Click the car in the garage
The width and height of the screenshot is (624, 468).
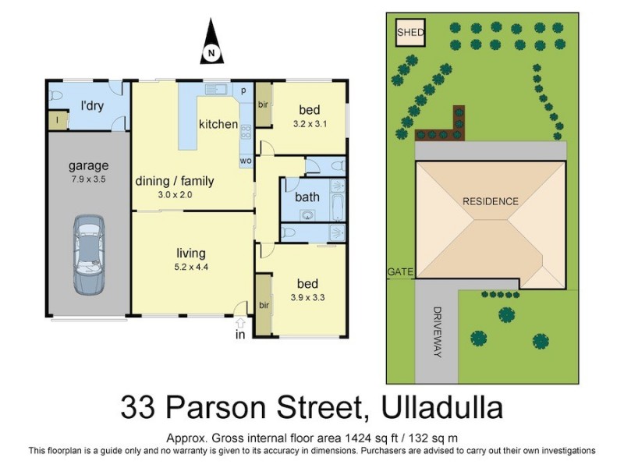point(89,254)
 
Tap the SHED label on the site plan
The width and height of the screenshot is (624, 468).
point(410,32)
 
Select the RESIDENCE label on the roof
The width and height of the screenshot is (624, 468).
point(491,201)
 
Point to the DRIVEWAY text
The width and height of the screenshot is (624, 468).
point(436,331)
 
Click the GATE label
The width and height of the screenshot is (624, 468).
point(399,271)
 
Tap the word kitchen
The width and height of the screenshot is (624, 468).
point(218,124)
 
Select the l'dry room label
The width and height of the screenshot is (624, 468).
point(93,105)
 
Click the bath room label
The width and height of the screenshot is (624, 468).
point(307,197)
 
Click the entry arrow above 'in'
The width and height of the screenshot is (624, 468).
point(240,322)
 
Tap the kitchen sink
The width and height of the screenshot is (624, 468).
point(215,90)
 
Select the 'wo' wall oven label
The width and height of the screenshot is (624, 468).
point(245,161)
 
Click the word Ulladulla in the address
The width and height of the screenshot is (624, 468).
point(444,408)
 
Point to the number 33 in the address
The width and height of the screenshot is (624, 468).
point(137,408)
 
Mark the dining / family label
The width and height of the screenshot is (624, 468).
point(175,182)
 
